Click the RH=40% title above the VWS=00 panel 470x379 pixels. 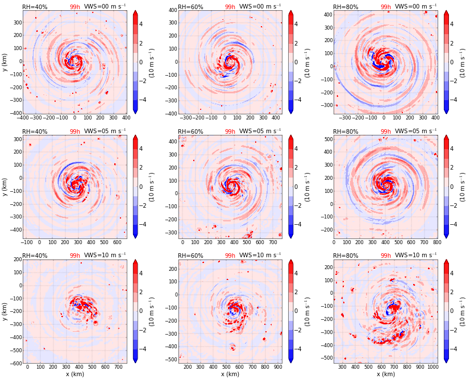[35, 7]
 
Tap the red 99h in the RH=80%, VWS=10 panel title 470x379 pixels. [385, 256]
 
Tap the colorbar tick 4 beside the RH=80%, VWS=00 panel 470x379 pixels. [455, 24]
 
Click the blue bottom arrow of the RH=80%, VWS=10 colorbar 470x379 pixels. [446, 360]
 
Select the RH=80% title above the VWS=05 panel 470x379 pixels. [346, 131]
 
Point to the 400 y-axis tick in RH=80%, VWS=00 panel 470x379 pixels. [326, 14]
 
